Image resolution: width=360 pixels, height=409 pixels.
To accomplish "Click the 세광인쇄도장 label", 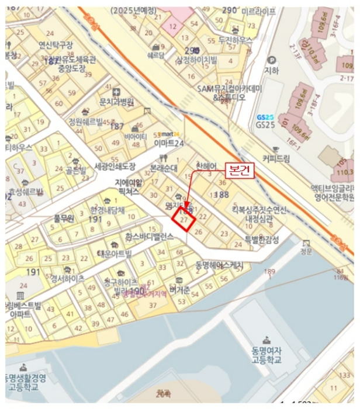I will pos(115,166).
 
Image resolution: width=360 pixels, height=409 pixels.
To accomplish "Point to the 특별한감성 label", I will pos(262,239).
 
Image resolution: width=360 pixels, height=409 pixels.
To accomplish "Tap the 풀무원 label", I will pos(64,217).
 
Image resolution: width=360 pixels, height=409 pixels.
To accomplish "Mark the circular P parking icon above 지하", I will pos(271,60).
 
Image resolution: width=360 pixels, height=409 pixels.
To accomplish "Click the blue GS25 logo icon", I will pos(265,116).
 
